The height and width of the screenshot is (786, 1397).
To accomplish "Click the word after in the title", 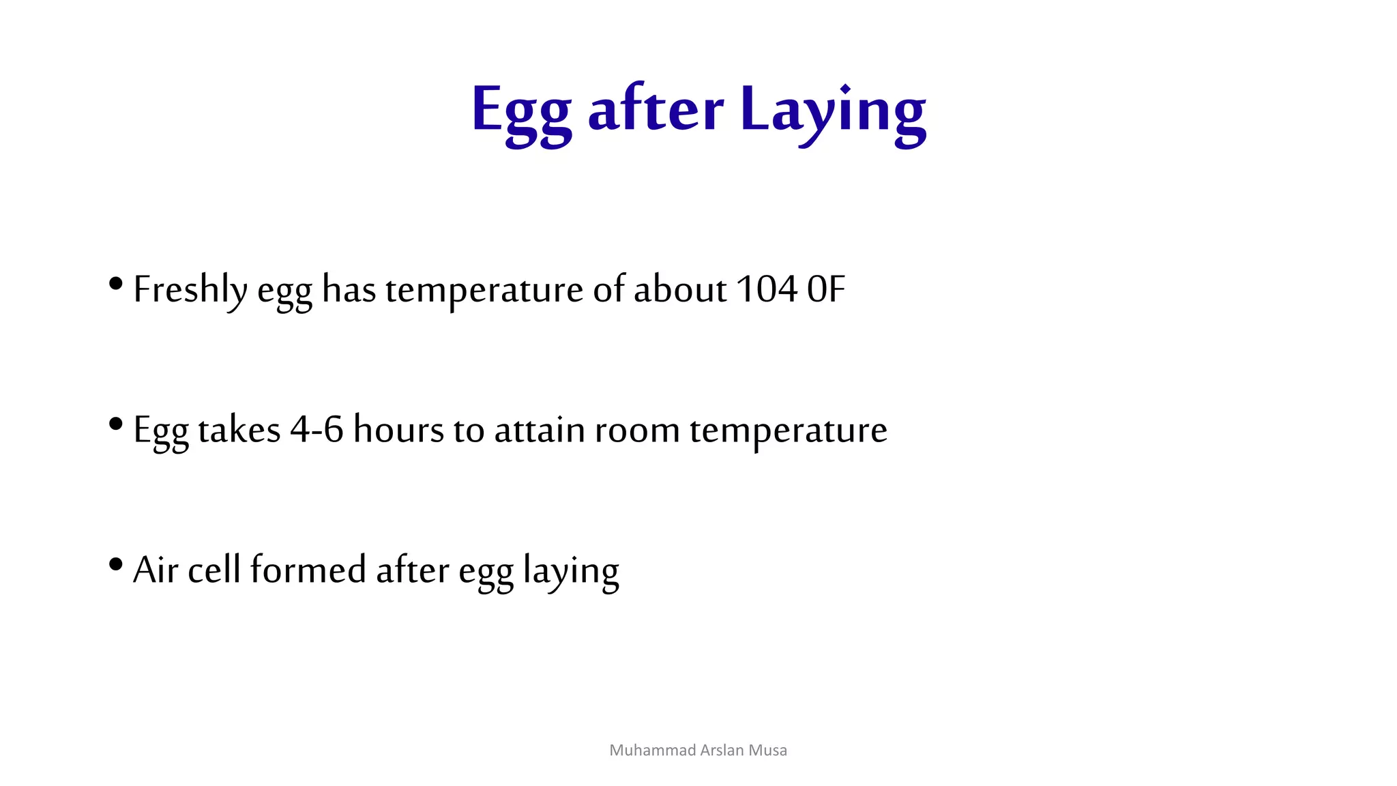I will (655, 109).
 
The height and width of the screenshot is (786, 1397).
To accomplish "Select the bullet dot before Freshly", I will (116, 283).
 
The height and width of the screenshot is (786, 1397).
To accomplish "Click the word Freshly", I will (190, 290).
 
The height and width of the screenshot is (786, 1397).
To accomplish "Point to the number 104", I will (767, 289).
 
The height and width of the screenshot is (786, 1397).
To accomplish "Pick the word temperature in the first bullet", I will (484, 291).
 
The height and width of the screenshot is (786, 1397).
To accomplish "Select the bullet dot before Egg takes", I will (116, 424).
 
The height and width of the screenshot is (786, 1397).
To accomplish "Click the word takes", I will (239, 431).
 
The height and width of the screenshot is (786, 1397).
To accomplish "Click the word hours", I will (398, 431).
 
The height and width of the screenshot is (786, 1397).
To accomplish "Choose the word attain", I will (539, 431).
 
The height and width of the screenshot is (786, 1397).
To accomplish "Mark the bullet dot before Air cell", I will (116, 564).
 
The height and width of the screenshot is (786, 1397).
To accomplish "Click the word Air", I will (156, 570).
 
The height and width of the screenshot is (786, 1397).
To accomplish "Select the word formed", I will (308, 570).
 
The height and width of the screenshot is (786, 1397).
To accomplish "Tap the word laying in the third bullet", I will (571, 572).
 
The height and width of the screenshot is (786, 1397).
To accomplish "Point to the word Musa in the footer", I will (767, 751).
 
